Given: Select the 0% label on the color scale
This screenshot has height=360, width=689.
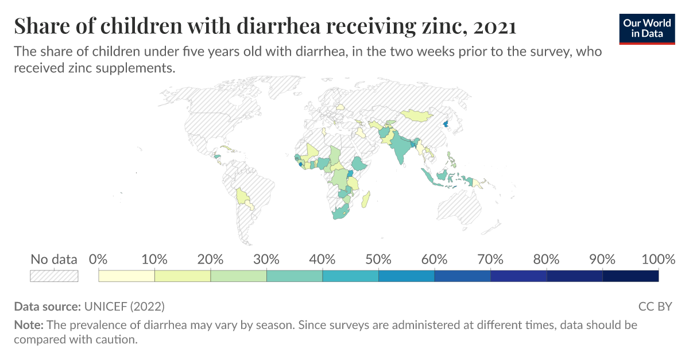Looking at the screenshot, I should (x=99, y=259).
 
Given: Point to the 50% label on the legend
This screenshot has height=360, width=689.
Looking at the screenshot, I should (x=378, y=259).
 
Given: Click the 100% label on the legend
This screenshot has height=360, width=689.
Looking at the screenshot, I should (x=657, y=259).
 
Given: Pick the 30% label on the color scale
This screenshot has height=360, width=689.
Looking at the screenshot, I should (x=266, y=259).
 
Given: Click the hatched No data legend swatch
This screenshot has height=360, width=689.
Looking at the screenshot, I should (x=54, y=276).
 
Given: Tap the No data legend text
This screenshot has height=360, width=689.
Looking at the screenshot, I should (x=54, y=259).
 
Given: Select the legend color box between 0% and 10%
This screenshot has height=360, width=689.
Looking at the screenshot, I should (x=127, y=276).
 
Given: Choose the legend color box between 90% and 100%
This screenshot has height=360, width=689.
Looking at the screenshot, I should (x=630, y=276).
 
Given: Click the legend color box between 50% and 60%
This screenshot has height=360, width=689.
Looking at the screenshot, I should (x=407, y=276).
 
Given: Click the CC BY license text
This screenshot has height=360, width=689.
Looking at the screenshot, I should (x=655, y=306).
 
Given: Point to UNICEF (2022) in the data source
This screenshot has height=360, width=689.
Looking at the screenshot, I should (x=124, y=306).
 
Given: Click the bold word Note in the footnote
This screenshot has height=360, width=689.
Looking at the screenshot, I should (x=28, y=325).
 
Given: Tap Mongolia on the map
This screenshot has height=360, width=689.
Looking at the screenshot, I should (x=416, y=115).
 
